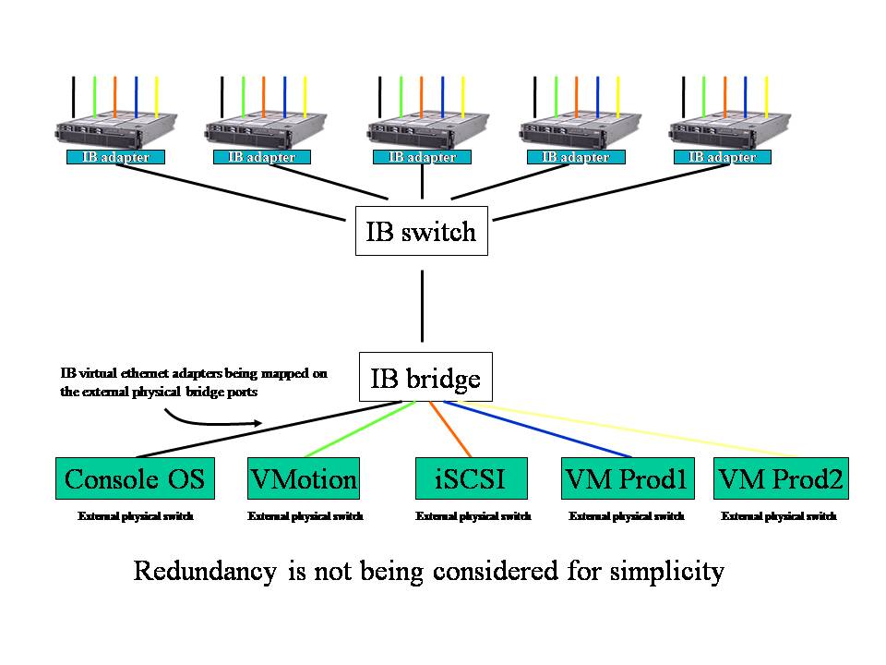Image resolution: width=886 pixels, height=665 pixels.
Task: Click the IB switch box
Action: click(x=421, y=231)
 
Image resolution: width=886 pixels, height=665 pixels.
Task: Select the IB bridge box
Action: click(x=425, y=378)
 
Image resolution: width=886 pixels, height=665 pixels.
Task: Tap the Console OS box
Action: click(x=135, y=479)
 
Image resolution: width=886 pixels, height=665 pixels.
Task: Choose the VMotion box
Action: click(x=303, y=479)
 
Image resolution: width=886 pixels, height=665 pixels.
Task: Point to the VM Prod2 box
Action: click(x=781, y=479)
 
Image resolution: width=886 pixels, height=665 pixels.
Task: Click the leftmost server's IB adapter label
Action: click(x=114, y=157)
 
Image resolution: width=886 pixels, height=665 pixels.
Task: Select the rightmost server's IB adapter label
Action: click(x=723, y=157)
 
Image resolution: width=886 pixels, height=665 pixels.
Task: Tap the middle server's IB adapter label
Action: click(x=422, y=157)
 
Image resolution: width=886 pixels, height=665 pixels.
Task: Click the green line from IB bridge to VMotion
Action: click(x=355, y=429)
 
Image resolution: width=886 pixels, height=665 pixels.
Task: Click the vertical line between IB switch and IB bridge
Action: click(x=422, y=305)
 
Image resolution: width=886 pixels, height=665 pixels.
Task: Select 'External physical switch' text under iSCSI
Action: click(x=473, y=516)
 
